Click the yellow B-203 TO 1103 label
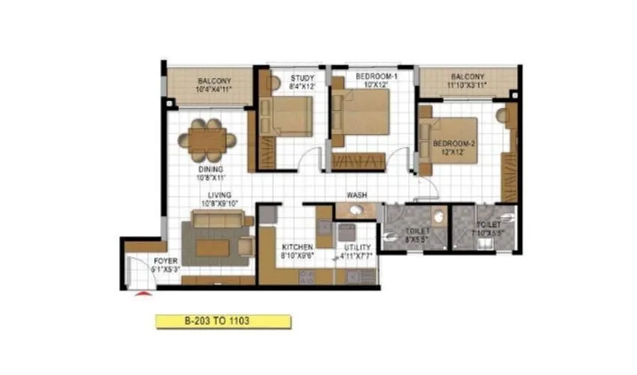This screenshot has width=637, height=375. coord(223,321)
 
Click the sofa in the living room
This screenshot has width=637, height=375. coord(217,219)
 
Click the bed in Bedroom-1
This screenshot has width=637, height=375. coord(362,113)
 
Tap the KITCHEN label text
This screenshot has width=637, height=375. coord(297,247)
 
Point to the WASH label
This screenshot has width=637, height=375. coord(357,195)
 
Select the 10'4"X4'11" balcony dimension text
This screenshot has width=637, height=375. coord(214,89)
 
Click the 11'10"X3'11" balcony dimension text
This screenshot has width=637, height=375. coord(468,85)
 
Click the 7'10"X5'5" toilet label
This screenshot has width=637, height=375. coord(488,232)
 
